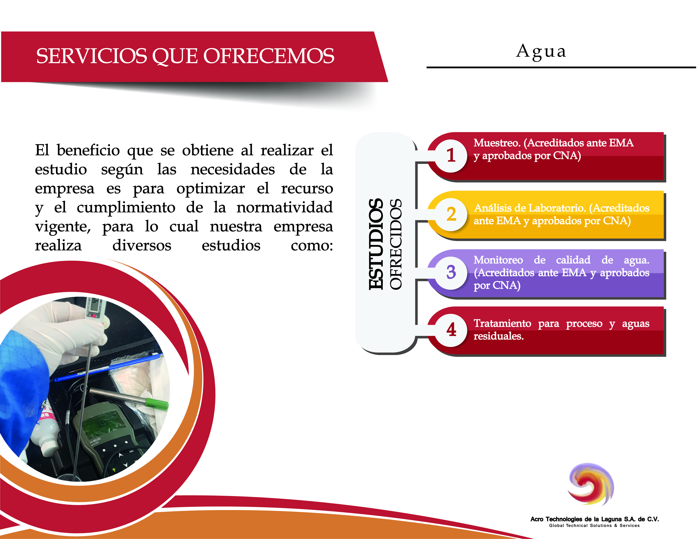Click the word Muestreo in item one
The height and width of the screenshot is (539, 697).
pos(497,143)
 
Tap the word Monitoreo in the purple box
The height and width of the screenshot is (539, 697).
pos(498,260)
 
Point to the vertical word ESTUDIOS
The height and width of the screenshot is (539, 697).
pos(376,244)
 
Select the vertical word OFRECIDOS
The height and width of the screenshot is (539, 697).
pos(396,244)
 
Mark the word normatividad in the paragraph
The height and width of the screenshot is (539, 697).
pos(285,207)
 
